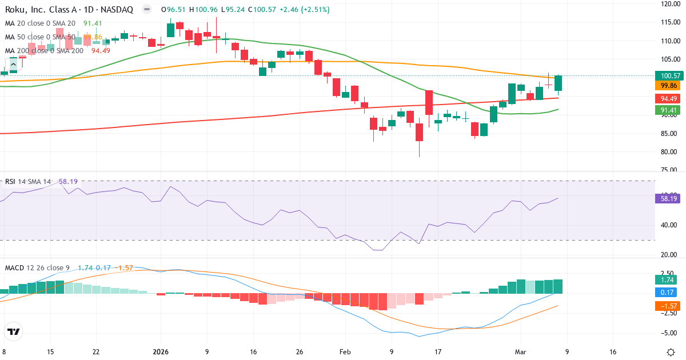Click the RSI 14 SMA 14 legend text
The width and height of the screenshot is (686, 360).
click(28, 181)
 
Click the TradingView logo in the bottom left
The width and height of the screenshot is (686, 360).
click(14, 331)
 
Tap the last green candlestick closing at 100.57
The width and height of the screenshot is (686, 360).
click(558, 83)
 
